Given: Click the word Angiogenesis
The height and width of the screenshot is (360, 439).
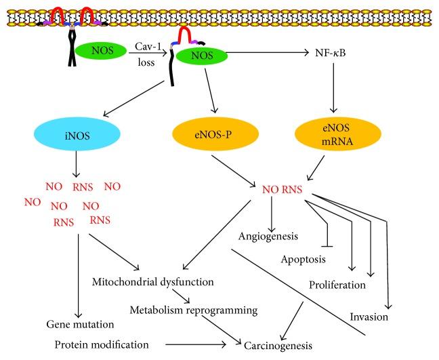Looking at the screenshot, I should click(270, 236).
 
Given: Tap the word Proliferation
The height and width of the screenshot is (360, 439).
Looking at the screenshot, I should click(337, 285).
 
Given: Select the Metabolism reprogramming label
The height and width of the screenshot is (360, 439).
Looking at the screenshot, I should click(194, 311).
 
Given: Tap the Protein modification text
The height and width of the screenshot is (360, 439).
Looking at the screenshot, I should click(100, 344).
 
